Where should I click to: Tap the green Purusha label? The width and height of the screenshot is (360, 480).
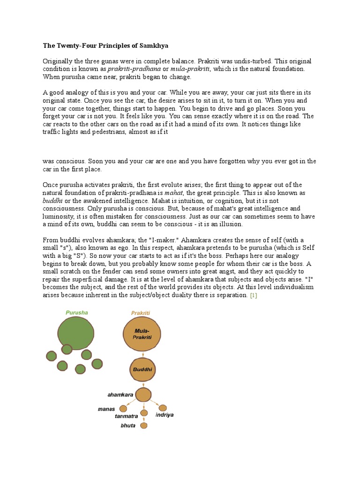tap(76, 313)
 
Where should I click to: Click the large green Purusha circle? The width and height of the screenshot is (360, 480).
tap(76, 333)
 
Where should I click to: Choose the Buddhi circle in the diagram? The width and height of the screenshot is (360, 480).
tap(142, 369)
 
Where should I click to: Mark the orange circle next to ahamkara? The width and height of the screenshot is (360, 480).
tap(143, 395)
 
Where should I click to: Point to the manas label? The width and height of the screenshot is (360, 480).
tap(106, 409)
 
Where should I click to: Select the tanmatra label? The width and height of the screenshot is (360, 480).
tap(127, 416)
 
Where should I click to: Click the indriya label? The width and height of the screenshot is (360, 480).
tap(165, 415)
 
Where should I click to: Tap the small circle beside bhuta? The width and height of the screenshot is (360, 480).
tap(144, 426)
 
